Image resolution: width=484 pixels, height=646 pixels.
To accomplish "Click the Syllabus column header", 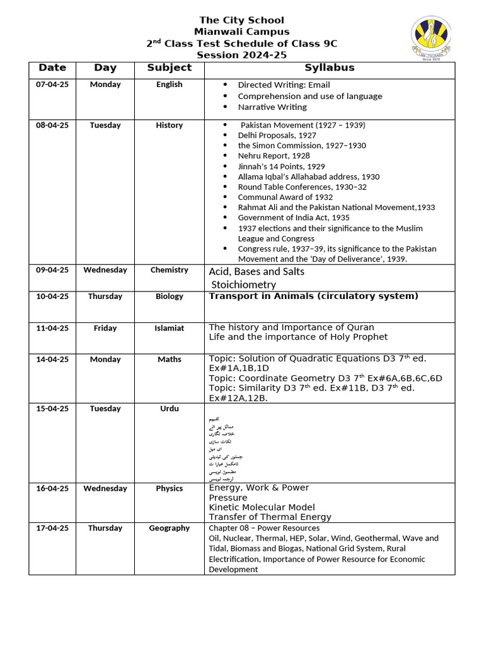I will click(330, 68).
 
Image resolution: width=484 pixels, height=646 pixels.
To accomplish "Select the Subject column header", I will click(169, 68).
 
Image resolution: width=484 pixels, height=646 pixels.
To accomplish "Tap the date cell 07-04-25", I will click(52, 85).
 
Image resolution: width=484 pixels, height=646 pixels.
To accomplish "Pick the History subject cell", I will click(169, 126).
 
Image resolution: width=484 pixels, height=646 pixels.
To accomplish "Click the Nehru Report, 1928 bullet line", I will click(274, 156).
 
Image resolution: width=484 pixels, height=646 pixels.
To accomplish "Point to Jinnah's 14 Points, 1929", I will click(281, 167).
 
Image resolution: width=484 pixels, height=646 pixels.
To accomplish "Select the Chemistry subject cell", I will click(169, 270).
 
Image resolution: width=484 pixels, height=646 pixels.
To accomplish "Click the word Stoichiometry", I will click(244, 285).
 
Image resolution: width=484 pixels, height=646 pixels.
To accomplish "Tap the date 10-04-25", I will click(52, 297).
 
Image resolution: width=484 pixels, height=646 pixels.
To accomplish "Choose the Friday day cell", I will click(105, 328).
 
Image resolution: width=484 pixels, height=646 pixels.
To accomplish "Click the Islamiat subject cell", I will click(169, 328).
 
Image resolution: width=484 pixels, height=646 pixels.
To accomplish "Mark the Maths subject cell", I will click(169, 360).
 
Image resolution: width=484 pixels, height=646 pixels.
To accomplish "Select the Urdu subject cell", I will click(169, 409).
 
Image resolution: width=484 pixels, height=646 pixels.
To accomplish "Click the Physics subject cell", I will click(169, 488).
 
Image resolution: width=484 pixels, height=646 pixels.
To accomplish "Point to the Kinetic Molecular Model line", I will click(262, 507).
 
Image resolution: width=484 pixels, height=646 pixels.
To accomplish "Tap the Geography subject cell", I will click(169, 528).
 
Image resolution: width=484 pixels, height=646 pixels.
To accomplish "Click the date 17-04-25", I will click(52, 528).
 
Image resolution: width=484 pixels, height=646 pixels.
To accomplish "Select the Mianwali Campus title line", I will click(241, 32).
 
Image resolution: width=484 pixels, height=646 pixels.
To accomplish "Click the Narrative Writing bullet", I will click(272, 107).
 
